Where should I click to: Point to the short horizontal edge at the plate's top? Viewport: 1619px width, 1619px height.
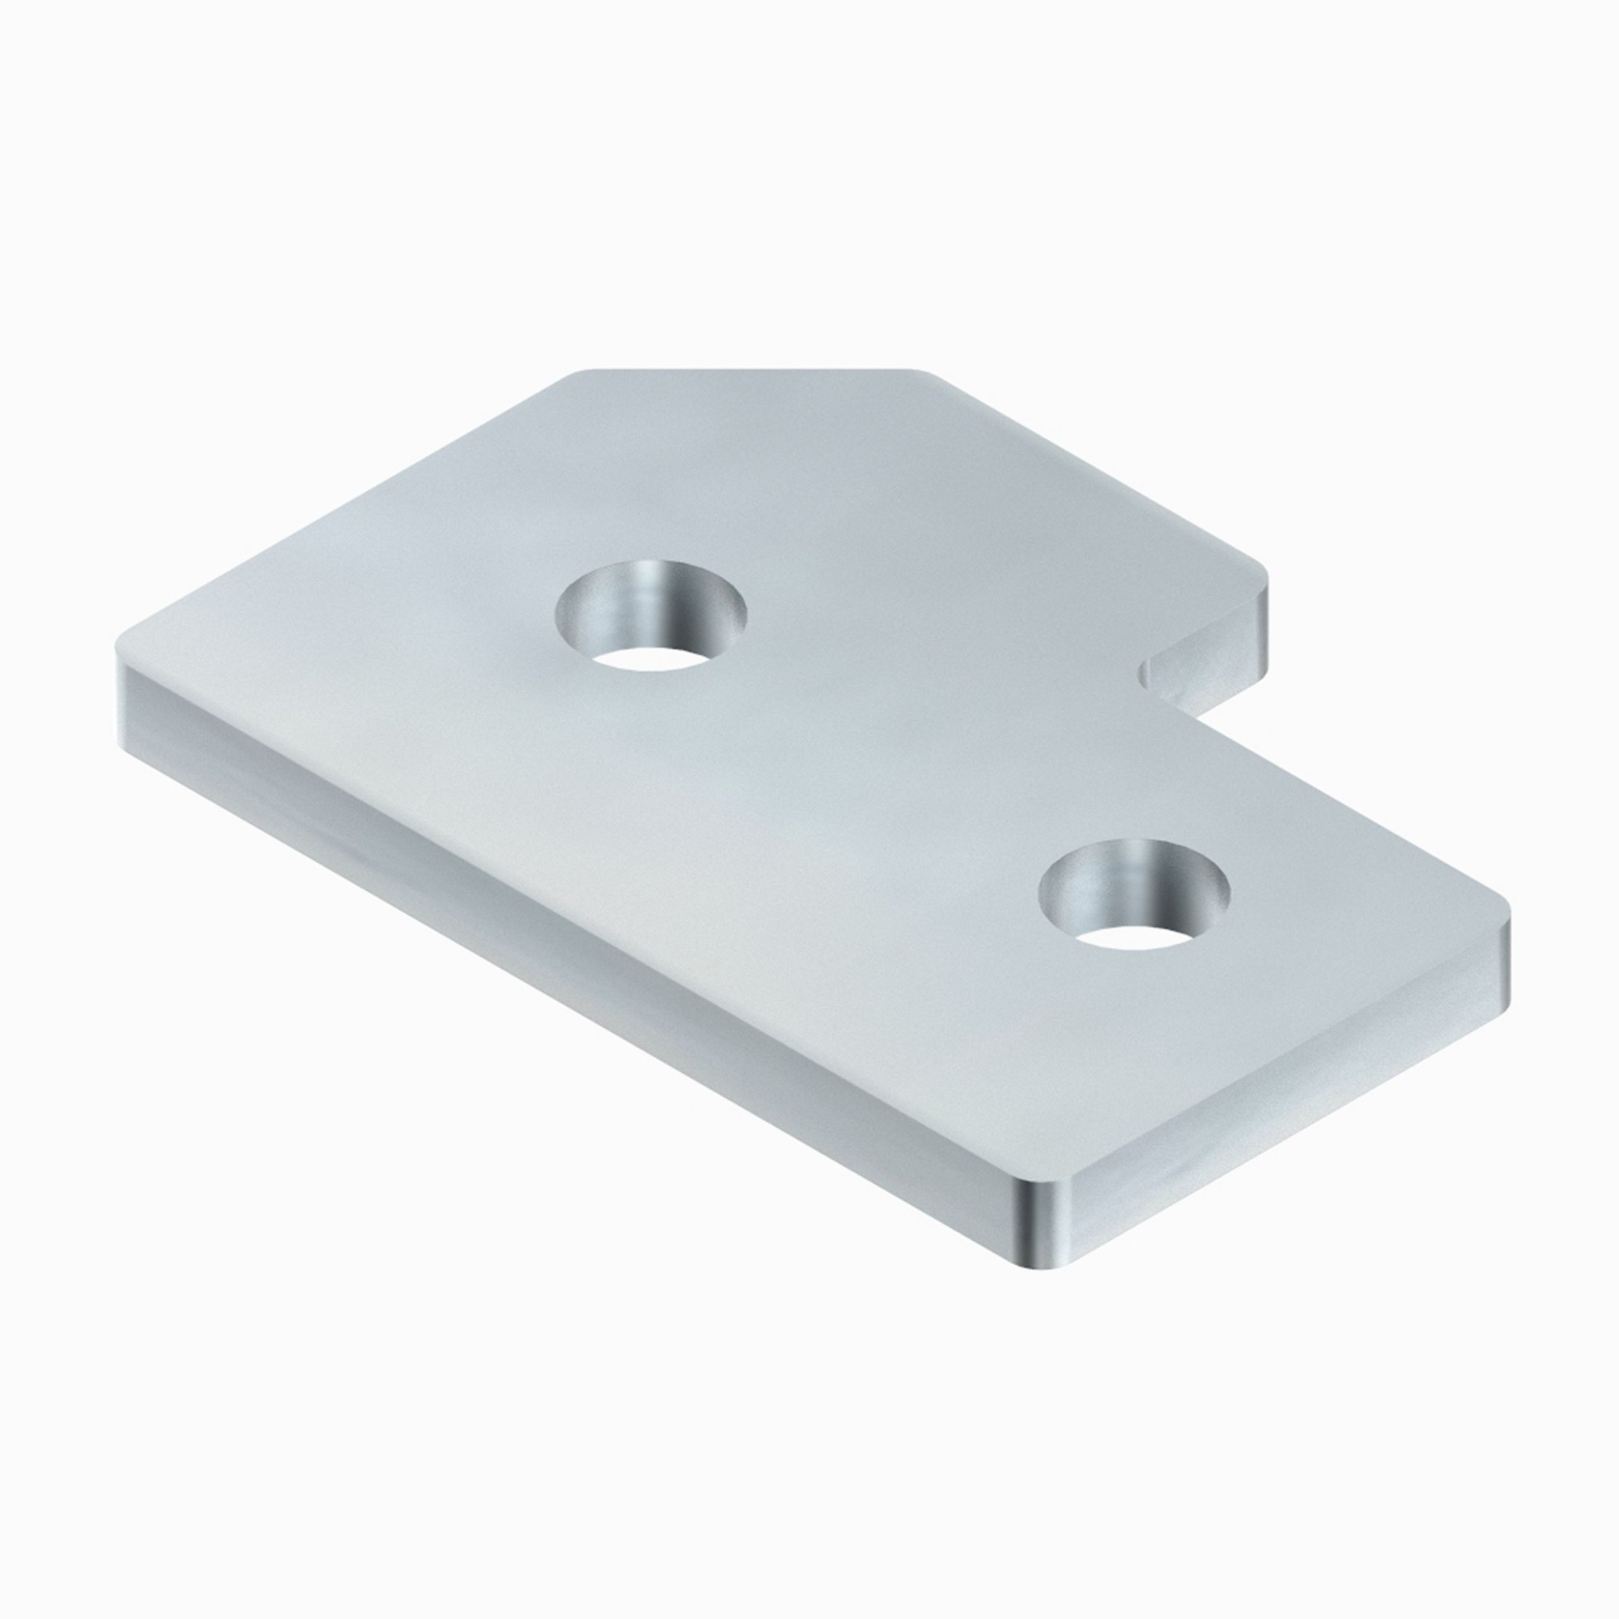[x=746, y=370]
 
